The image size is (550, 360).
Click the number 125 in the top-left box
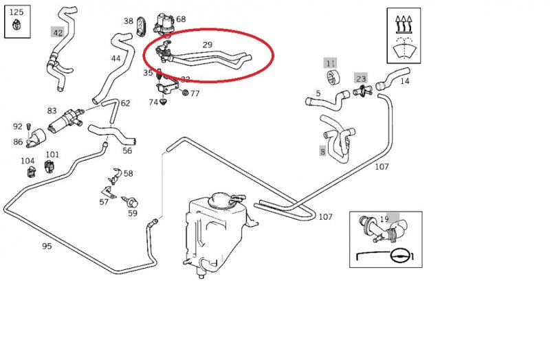pyautogui.click(x=16, y=12)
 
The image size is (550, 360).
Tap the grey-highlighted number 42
pyautogui.click(x=58, y=32)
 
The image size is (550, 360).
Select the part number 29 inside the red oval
pyautogui.click(x=207, y=45)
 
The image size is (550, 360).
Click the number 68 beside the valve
pyautogui.click(x=181, y=19)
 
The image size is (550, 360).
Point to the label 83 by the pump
pyautogui.click(x=52, y=111)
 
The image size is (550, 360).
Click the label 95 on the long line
pyautogui.click(x=46, y=245)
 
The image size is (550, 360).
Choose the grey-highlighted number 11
pyautogui.click(x=331, y=63)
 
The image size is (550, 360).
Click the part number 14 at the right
pyautogui.click(x=404, y=81)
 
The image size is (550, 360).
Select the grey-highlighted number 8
pyautogui.click(x=322, y=151)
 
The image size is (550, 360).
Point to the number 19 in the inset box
pyautogui.click(x=384, y=219)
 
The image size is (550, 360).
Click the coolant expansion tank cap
pyautogui.click(x=223, y=199)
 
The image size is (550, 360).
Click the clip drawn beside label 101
pyautogui.click(x=52, y=167)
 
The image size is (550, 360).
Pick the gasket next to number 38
pyautogui.click(x=142, y=25)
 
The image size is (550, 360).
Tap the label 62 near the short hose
pyautogui.click(x=125, y=104)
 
